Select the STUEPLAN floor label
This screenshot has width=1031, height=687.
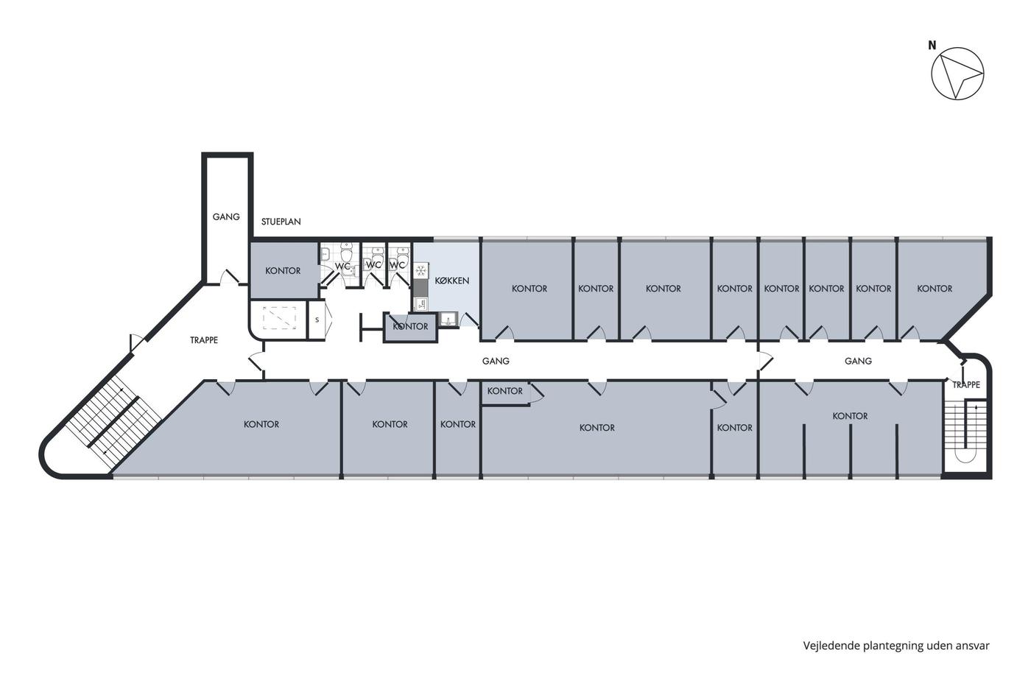(x=281, y=222)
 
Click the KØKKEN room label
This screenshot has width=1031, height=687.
(x=452, y=281)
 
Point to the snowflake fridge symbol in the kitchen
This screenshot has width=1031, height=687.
(x=421, y=270)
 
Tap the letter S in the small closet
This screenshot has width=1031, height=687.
(x=317, y=320)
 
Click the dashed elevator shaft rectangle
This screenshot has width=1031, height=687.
(x=279, y=318)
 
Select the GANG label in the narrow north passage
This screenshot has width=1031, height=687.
(x=226, y=216)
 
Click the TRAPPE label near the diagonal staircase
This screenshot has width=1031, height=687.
(x=204, y=340)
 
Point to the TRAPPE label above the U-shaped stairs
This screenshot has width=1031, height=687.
(x=966, y=384)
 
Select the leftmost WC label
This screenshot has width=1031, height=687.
(x=342, y=267)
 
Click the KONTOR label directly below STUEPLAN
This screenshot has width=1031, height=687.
(x=283, y=271)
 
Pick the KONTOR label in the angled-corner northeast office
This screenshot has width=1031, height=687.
(x=935, y=289)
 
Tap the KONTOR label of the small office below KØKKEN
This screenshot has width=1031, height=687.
(x=410, y=327)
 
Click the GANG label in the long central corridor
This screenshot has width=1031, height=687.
(x=496, y=362)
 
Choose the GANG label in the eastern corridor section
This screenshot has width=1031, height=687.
(x=858, y=362)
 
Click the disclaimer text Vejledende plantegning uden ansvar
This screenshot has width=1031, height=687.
(x=896, y=646)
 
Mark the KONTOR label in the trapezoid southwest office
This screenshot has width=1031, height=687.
(x=261, y=424)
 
